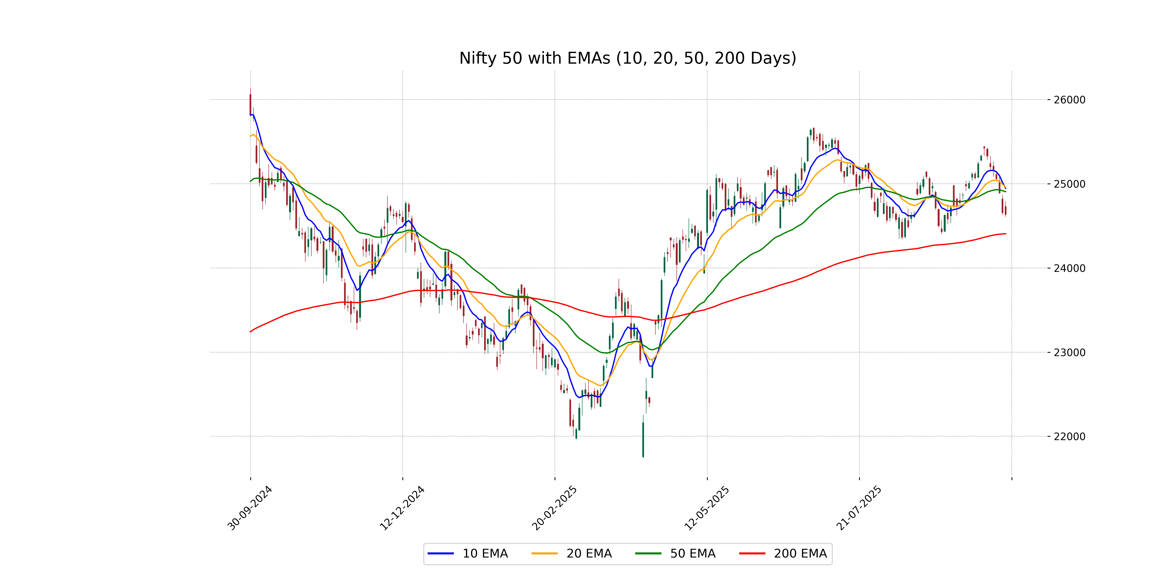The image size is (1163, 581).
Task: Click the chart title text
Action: coord(628,58)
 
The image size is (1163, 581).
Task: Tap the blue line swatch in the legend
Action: coord(441,553)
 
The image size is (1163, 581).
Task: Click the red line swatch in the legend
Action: coord(752,553)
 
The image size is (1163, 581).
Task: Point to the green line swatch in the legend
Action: coord(648,553)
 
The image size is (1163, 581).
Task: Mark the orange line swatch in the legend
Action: coord(544,553)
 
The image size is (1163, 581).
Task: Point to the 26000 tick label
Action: coord(1069,100)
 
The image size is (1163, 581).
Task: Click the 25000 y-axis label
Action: coord(1069,184)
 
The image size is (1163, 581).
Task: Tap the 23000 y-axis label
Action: coord(1069,352)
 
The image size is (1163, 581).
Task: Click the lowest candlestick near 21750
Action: coord(643,440)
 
